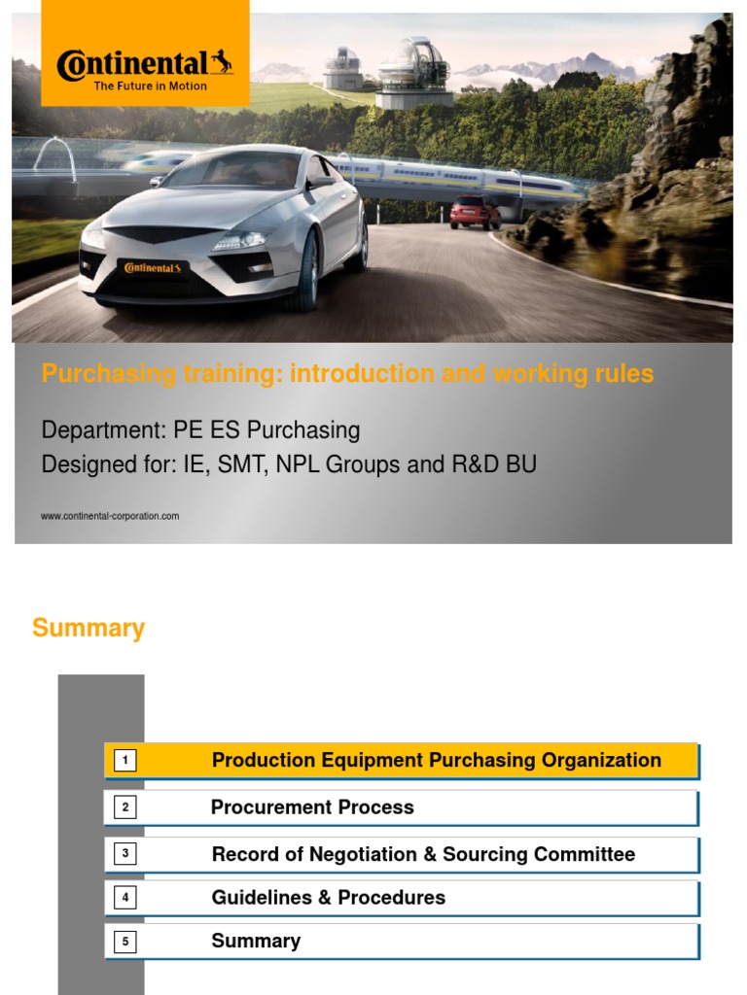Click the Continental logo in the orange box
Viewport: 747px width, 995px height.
[145, 65]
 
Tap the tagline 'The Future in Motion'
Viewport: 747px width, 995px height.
[150, 86]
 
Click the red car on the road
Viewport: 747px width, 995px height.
[475, 212]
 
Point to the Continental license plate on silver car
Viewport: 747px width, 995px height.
[150, 267]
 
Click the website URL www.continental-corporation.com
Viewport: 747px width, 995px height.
[110, 516]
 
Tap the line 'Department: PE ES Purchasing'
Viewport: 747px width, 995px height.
[200, 430]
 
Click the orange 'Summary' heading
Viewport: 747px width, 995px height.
[89, 629]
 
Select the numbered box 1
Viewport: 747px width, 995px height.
[124, 761]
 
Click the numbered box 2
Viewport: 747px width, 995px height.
[124, 807]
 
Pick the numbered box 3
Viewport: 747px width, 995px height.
[124, 854]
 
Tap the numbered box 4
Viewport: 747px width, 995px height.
[124, 898]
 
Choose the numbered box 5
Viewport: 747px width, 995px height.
[124, 941]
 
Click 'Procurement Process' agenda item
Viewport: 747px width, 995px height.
[312, 807]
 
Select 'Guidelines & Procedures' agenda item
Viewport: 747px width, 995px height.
[329, 898]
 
